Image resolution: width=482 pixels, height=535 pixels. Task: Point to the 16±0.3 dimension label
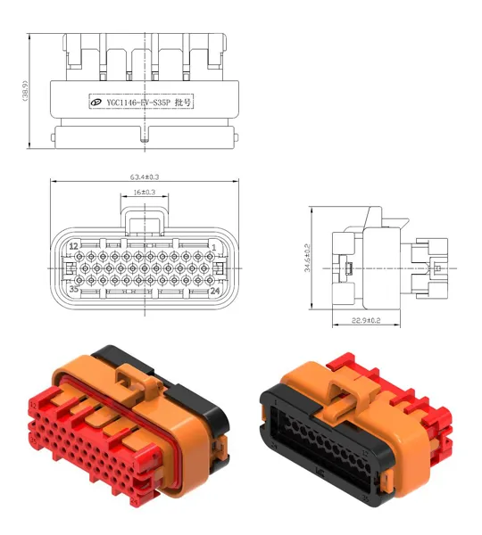pyautogui.click(x=144, y=192)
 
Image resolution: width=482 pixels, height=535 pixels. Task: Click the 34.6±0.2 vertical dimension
pyautogui.click(x=307, y=258)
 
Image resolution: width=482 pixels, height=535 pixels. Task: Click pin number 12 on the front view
pyautogui.click(x=73, y=246)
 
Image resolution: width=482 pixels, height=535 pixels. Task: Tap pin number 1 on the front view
pyautogui.click(x=214, y=246)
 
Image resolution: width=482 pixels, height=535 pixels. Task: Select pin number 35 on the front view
pyautogui.click(x=73, y=289)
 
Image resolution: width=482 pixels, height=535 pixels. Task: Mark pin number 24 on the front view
pyautogui.click(x=214, y=289)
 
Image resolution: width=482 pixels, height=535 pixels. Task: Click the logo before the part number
pyautogui.click(x=94, y=103)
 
